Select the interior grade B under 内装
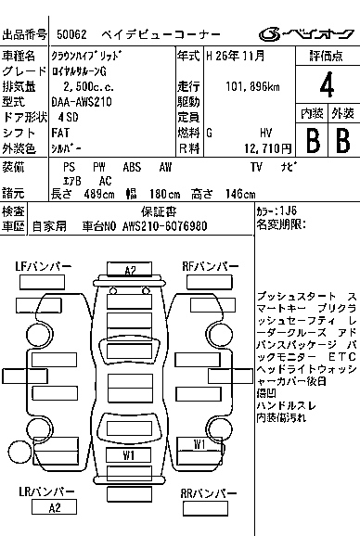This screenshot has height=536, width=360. (x=312, y=140)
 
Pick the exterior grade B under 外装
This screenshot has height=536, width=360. (x=341, y=140)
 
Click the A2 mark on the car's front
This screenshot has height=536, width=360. (x=130, y=270)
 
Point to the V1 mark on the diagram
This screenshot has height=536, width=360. (x=129, y=455)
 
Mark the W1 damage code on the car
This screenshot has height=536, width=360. (x=199, y=444)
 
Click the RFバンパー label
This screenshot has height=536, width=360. (x=208, y=266)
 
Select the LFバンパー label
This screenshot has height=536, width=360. (x=43, y=266)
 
